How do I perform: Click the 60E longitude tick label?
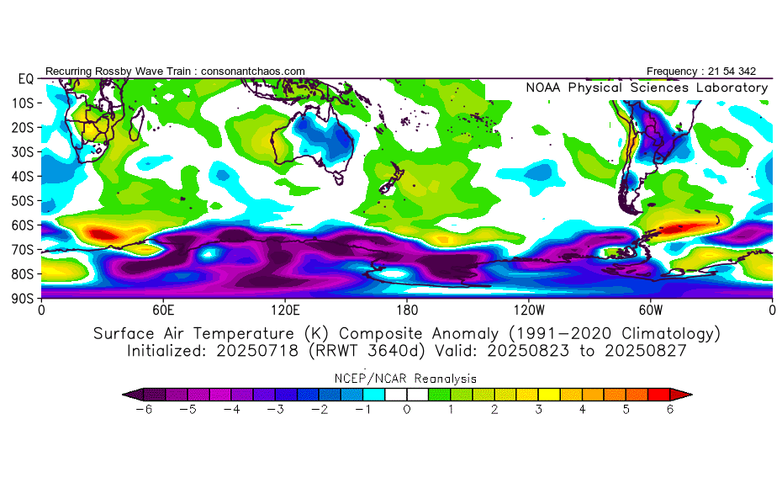163,309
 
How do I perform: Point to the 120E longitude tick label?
285,309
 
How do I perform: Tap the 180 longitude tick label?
407,309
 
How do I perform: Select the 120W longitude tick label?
529,309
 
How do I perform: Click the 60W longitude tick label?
651,309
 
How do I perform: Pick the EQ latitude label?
25,78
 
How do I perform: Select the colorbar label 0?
407,410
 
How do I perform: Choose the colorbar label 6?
671,410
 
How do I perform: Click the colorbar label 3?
539,410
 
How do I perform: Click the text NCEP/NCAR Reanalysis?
407,379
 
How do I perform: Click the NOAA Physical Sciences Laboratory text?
647,88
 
